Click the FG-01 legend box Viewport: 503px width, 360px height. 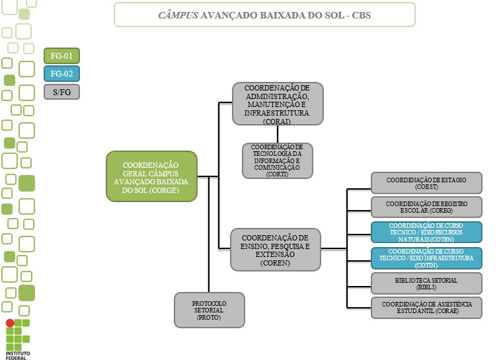61,56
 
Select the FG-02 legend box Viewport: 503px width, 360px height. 61,74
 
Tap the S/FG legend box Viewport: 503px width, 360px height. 61,92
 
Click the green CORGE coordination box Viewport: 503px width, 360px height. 151,176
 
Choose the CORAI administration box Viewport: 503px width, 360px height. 277,104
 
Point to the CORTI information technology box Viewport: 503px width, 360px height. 277,161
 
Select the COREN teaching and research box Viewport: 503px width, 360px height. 275,249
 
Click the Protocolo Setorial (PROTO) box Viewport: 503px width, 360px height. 210,310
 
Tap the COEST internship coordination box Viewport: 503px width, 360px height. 426,182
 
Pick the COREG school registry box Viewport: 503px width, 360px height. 426,207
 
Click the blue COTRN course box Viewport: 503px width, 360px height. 426,233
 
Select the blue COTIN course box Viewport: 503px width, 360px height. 426,258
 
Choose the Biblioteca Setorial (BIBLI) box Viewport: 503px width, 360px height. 426,283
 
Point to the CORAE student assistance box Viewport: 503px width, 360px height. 426,308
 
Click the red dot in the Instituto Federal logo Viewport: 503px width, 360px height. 9,324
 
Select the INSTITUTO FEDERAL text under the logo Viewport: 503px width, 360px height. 19,355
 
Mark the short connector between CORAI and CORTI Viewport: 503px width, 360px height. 277,133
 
